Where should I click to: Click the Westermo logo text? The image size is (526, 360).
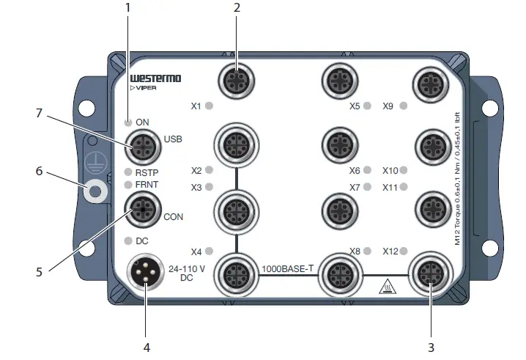(155, 78)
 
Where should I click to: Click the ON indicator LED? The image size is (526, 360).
(129, 122)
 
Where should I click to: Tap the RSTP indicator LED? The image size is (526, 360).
(129, 173)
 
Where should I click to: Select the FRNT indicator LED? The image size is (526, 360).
(129, 184)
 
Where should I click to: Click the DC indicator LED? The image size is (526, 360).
(129, 240)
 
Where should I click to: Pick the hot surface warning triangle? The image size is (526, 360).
(385, 286)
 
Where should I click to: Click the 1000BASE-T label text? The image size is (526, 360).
(287, 268)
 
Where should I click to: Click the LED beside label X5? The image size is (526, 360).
(366, 106)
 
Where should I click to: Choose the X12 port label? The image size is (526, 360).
(390, 251)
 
